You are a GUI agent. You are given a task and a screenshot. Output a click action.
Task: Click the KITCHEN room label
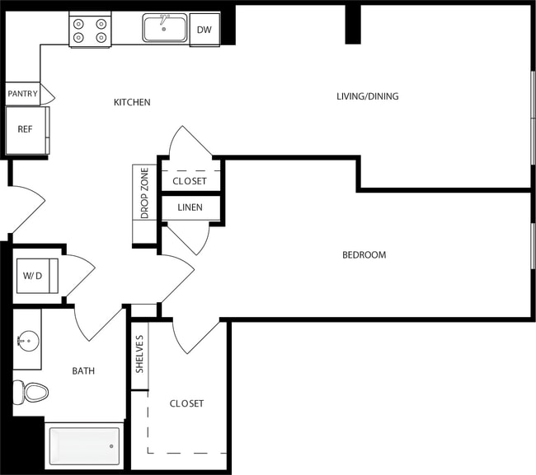[132, 102]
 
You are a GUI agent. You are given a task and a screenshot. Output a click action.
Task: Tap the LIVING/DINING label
[367, 96]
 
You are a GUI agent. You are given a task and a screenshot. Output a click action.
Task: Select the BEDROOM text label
[364, 255]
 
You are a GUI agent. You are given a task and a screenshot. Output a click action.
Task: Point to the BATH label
[83, 371]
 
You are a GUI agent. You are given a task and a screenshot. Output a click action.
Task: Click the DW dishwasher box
[204, 30]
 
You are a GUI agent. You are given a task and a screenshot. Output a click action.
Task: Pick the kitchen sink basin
[163, 29]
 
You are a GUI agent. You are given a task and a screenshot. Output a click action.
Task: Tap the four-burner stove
[90, 30]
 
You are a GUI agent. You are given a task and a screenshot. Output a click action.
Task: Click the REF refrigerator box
[26, 130]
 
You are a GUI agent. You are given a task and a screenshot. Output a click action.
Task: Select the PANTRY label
[23, 94]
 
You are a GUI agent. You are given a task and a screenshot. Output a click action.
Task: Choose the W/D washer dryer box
[33, 275]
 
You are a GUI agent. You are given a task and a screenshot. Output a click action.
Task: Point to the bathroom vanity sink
[26, 339]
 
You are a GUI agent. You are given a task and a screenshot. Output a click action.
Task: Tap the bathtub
[84, 446]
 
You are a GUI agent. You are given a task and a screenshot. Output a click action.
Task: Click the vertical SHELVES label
[139, 354]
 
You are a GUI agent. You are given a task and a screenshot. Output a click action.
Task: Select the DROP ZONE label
[144, 193]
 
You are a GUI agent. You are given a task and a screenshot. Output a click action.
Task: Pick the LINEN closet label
[190, 207]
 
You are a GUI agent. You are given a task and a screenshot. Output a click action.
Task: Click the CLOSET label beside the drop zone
[190, 181]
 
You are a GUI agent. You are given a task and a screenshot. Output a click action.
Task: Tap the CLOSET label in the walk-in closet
[186, 403]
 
